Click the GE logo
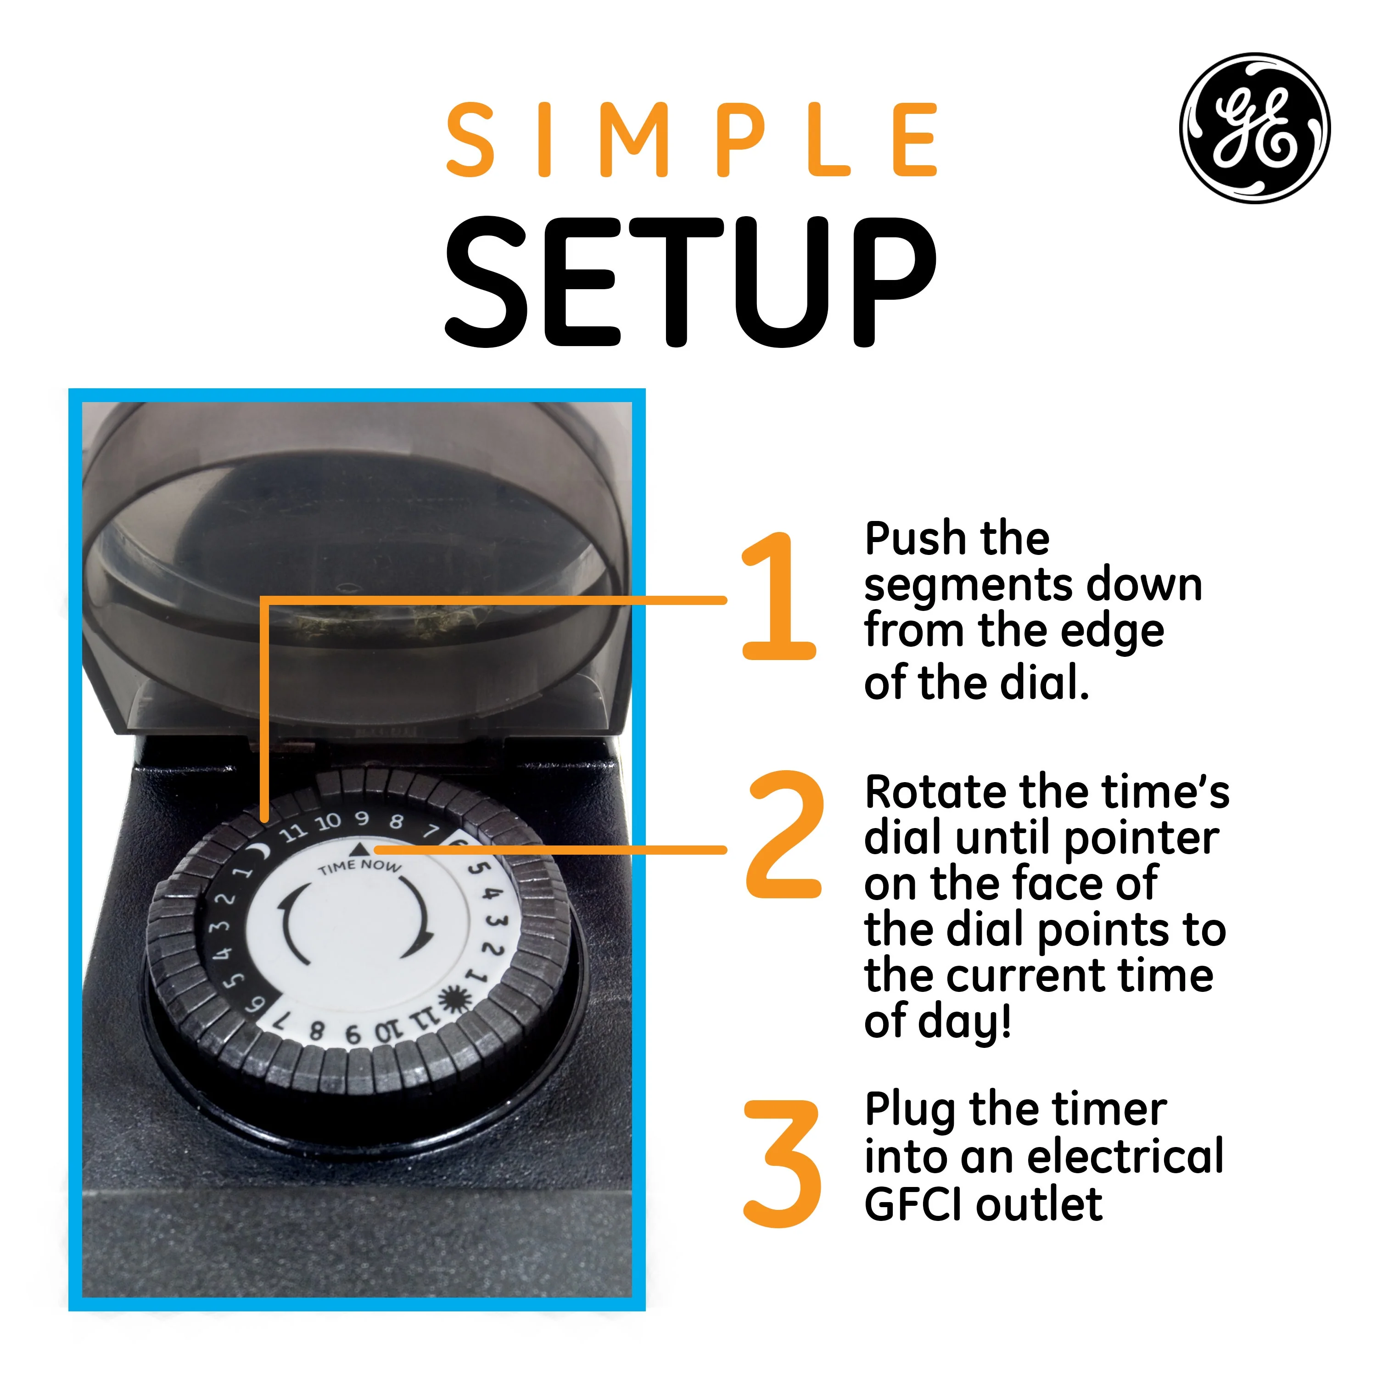pyautogui.click(x=1255, y=128)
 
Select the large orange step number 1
pyautogui.click(x=778, y=596)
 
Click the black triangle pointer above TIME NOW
pyautogui.click(x=361, y=848)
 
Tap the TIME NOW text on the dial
pyautogui.click(x=360, y=867)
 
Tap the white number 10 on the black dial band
pyautogui.click(x=329, y=823)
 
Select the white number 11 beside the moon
pyautogui.click(x=292, y=833)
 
